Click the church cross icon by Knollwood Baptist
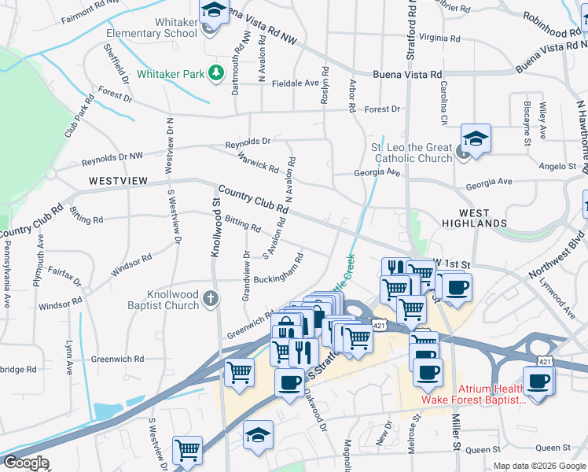pos(210,298)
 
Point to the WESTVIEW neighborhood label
pos(118,181)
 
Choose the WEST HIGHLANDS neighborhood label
pos(483,218)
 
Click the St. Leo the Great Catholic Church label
pos(412,153)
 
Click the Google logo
pos(26,462)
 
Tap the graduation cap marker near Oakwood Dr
pos(258,434)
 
